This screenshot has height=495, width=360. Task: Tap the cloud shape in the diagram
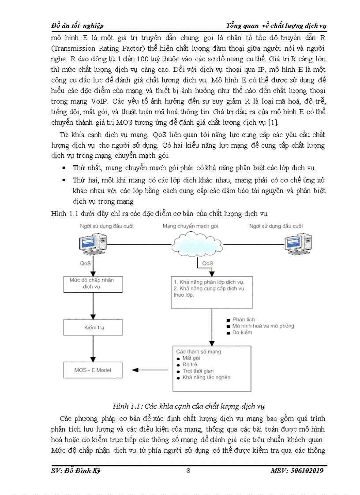[x=193, y=244]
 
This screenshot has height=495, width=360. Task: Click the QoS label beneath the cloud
[x=207, y=263]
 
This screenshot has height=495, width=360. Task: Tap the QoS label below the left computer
[x=86, y=263]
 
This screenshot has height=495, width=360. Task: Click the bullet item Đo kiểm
[x=242, y=332]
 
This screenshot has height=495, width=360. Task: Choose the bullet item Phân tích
[x=244, y=320]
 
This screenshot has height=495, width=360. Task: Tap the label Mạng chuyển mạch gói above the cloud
[x=190, y=226]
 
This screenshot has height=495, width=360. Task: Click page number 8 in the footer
[x=188, y=471]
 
